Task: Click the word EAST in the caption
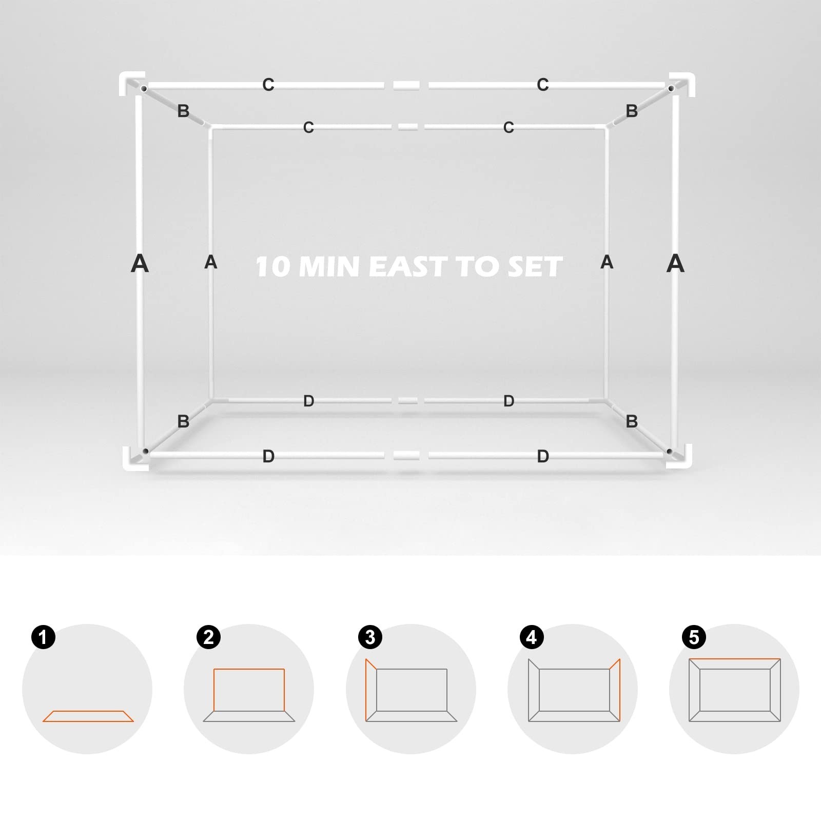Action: [408, 267]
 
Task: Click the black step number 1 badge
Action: [43, 637]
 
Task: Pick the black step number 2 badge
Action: [208, 637]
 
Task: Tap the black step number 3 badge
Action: [370, 637]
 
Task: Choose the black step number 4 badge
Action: [532, 637]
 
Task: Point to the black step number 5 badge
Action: [694, 637]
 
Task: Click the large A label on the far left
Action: [140, 264]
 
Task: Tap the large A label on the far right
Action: [675, 264]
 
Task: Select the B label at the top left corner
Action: [183, 111]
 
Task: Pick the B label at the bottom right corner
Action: [632, 421]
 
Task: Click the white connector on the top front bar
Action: [406, 86]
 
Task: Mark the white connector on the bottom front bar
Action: [406, 455]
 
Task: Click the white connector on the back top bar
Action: [408, 127]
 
